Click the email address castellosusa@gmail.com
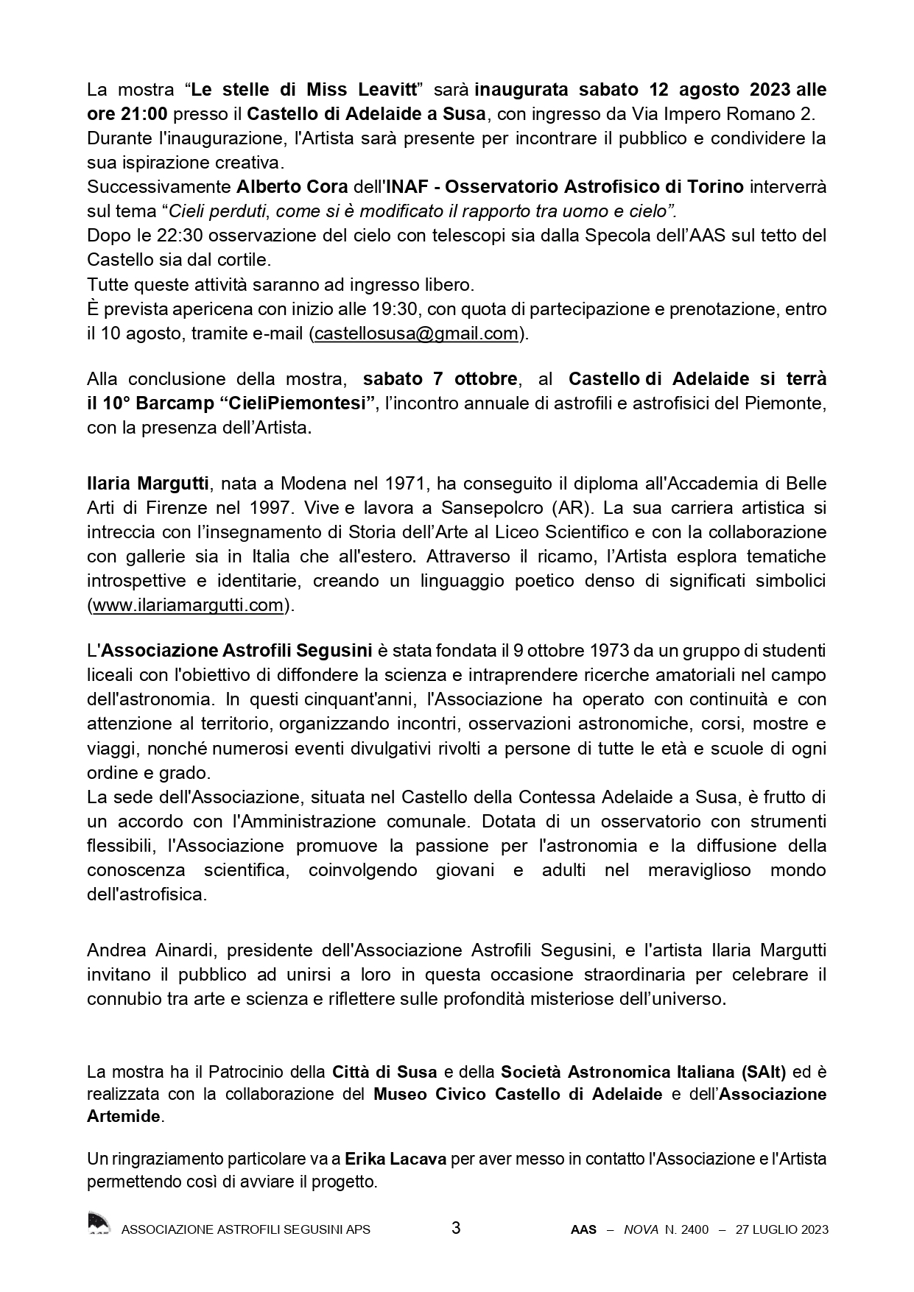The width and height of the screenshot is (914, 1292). (416, 333)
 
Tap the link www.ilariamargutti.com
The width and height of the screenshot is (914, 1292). (187, 605)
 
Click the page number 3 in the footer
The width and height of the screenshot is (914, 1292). (456, 1228)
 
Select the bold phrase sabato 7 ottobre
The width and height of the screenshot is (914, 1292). (440, 379)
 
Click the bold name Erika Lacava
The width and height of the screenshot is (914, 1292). (397, 1159)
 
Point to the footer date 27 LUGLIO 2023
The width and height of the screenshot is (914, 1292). (782, 1229)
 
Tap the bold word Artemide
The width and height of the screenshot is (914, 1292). (124, 1116)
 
